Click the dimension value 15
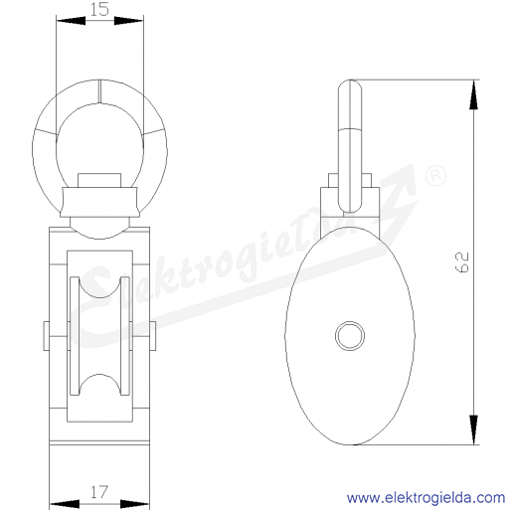pos(99,10)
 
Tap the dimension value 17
pos(99,492)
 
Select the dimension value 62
pos(463,262)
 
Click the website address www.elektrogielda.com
pos(426,498)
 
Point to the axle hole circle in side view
pos(350,335)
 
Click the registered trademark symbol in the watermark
pos(435,176)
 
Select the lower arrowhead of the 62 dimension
pos(474,429)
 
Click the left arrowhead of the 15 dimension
pos(71,21)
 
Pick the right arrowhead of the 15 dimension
pos(129,21)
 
